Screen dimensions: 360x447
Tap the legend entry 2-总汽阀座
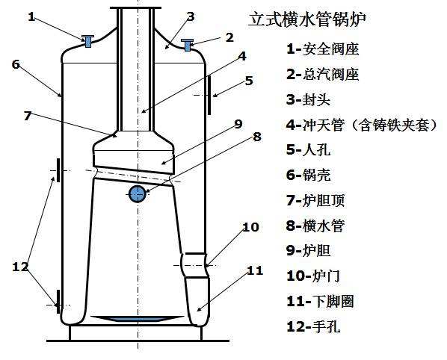[322, 75]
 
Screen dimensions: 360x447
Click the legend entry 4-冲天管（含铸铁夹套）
[360, 125]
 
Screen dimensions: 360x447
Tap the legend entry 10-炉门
[313, 276]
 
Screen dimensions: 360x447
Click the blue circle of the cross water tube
[137, 194]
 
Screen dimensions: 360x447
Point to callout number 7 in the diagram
[27, 116]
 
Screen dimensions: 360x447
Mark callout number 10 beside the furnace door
[250, 226]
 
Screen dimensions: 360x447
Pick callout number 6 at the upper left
[15, 64]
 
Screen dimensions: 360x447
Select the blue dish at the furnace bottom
[138, 320]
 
